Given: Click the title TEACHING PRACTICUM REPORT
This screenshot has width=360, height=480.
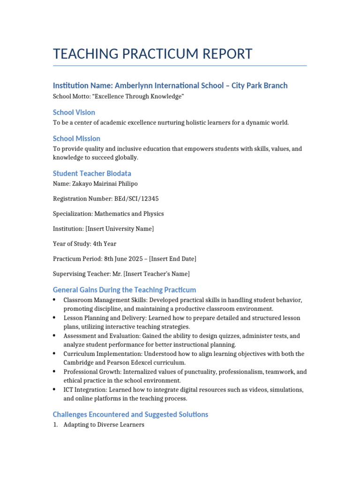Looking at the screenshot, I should [x=153, y=54].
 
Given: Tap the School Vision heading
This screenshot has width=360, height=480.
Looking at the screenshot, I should [x=74, y=112].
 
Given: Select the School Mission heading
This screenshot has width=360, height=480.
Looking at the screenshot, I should [x=76, y=139].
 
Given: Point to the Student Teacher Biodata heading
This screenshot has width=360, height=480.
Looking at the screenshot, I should [x=92, y=173].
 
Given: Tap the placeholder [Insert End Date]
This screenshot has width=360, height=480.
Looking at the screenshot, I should [x=172, y=259].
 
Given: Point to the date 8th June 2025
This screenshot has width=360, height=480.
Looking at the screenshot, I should [x=121, y=259].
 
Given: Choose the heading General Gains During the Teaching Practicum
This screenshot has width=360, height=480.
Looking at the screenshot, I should [x=124, y=290].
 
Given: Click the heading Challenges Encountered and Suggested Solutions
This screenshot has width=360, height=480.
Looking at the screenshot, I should [x=130, y=414].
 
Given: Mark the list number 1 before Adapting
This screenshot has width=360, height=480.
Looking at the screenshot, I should [x=55, y=425].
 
